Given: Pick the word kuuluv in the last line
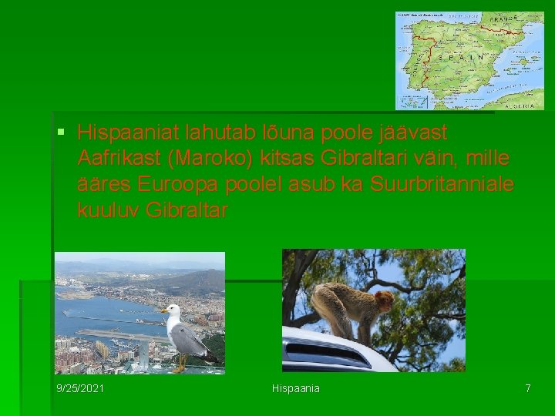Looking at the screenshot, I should [x=108, y=211].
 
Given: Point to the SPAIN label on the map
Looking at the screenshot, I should [x=462, y=58].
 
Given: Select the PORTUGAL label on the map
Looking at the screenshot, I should [x=419, y=65].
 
